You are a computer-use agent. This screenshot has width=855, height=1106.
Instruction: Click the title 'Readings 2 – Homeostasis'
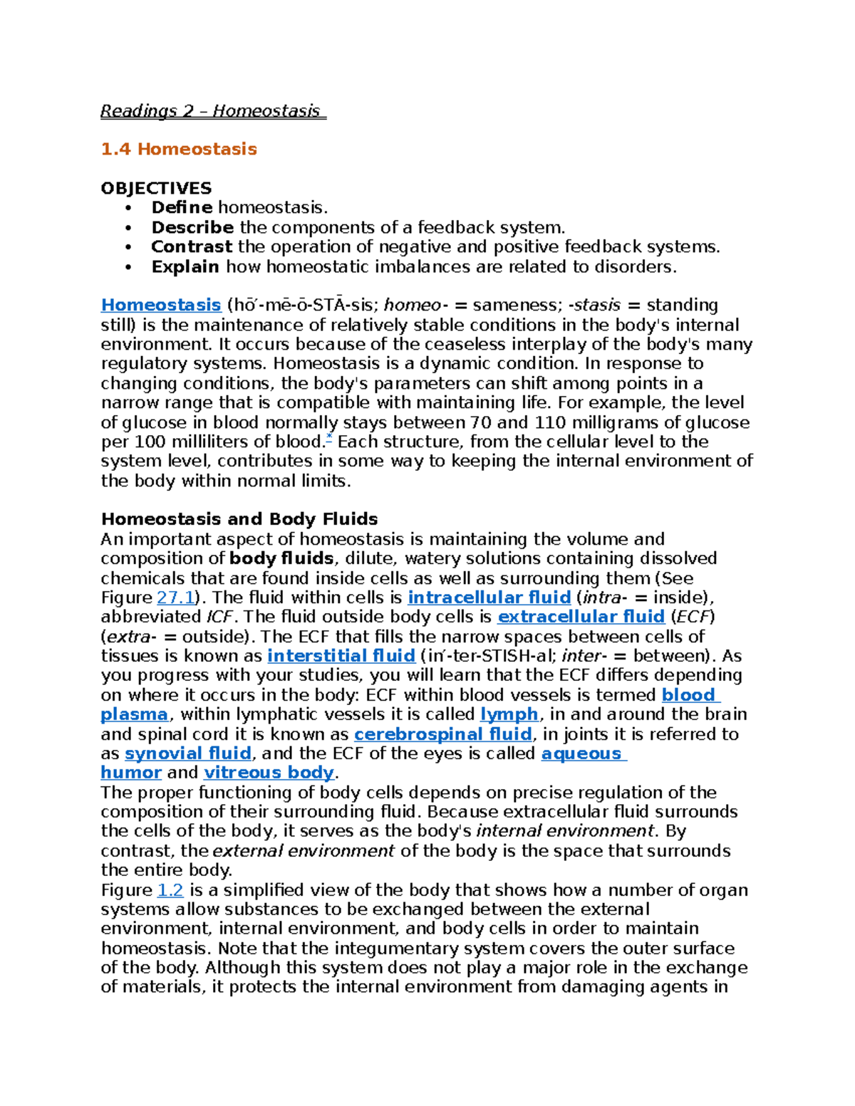point(212,111)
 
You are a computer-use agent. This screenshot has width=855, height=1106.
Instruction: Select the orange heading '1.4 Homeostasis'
point(179,149)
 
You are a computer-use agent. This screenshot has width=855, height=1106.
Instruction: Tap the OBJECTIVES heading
point(156,188)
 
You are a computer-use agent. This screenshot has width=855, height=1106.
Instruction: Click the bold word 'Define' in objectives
point(182,207)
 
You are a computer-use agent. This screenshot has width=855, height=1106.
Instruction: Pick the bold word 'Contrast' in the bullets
point(191,246)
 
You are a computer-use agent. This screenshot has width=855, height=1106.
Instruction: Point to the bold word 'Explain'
point(185,266)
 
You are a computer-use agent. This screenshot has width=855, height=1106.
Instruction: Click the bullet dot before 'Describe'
point(128,228)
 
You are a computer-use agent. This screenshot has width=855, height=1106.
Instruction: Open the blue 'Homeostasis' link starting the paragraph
point(161,305)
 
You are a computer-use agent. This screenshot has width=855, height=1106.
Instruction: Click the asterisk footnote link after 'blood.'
point(329,438)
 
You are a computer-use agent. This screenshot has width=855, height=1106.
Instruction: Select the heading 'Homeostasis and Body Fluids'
point(239,518)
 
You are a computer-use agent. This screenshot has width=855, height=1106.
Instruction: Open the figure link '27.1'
point(175,598)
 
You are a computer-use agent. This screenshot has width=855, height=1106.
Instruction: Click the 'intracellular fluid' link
point(489,598)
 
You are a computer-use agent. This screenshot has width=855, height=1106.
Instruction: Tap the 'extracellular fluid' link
point(581,617)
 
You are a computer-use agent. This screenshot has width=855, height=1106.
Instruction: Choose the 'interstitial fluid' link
point(341,656)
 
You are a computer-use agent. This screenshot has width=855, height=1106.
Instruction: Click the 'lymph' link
point(509,714)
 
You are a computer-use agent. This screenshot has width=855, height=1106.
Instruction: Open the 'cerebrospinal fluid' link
point(442,734)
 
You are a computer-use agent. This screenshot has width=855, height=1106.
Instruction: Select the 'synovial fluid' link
point(188,753)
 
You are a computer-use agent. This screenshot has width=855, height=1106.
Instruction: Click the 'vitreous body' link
point(269,773)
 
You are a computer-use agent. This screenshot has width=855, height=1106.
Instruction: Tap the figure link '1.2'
point(170,890)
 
